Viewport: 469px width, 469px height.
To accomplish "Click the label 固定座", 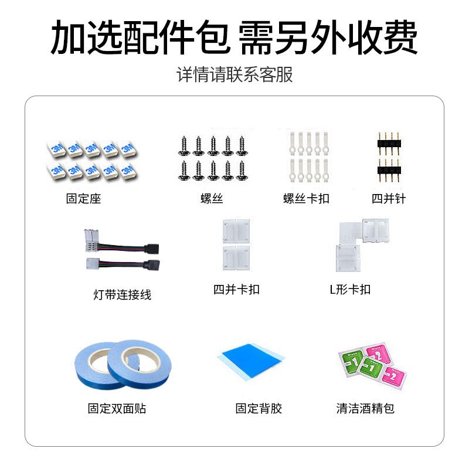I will (83, 199).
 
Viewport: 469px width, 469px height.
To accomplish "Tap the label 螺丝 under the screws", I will (212, 199).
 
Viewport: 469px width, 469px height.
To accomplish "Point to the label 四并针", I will (389, 199).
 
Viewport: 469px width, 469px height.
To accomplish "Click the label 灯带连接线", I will (122, 294).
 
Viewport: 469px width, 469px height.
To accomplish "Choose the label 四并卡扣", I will (236, 290).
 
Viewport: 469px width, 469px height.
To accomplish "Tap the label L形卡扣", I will (350, 290).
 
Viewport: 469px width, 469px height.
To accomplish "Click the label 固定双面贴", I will (117, 409).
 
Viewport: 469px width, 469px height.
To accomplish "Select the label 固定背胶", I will (259, 409).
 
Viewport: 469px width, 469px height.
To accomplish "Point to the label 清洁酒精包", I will (365, 409).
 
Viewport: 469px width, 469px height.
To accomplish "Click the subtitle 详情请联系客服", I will (235, 75).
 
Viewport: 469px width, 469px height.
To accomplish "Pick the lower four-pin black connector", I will (389, 169).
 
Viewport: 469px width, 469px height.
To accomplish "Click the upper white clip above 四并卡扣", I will (236, 230).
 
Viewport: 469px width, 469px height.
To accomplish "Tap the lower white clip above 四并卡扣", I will (236, 256).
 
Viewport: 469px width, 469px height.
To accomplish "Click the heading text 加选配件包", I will (139, 38).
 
